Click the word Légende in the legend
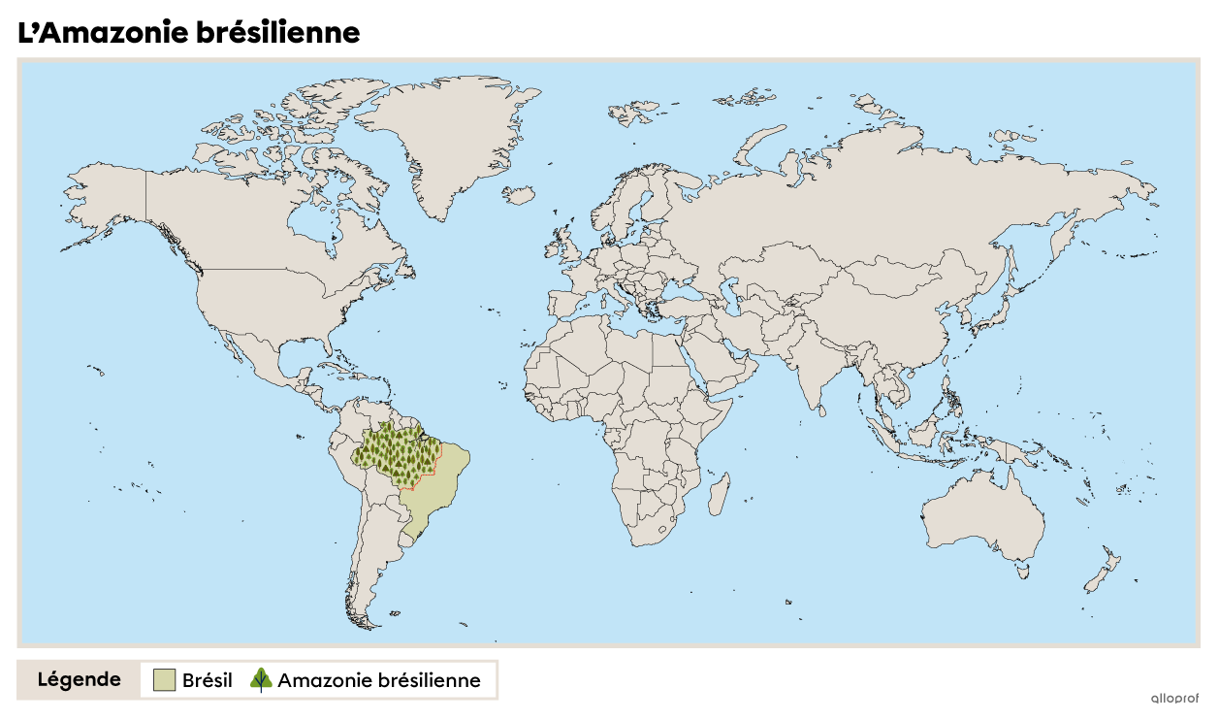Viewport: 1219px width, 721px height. coord(80,679)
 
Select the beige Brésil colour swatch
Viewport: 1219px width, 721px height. coord(164,680)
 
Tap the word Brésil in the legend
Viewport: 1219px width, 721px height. coord(208,680)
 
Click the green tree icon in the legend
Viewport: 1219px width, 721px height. coord(261,679)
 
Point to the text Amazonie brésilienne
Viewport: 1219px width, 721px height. coord(378,680)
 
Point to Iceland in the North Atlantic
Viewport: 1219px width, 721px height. coord(520,196)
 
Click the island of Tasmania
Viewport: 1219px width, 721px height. coord(1022,572)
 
